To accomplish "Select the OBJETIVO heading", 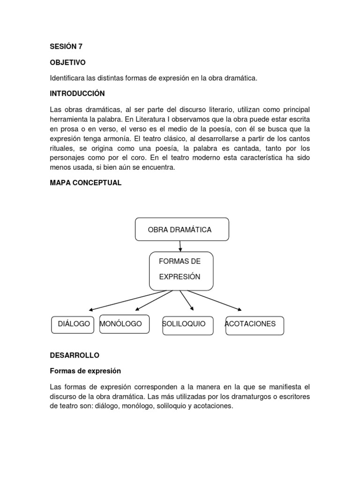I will [67, 62].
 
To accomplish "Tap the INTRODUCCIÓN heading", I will [77, 93].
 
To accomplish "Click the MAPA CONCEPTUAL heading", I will [86, 183].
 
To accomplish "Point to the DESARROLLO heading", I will [75, 355].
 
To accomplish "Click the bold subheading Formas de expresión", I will [85, 371].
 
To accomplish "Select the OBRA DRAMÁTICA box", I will [182, 230].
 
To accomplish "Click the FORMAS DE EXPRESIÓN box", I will [181, 271].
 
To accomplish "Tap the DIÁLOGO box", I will [73, 324].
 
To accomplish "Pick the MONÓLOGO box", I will [124, 324].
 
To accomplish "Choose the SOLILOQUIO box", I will [187, 325].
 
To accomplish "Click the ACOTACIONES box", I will [255, 325].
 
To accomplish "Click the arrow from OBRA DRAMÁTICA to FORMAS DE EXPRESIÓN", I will [180, 247].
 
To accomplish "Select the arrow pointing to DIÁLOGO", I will [127, 300].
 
